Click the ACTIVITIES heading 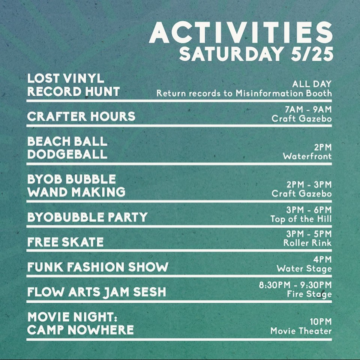coord(241,33)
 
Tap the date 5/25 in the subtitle coord(312,54)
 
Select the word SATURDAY coord(231,54)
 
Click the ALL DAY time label coord(312,84)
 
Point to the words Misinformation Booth coord(283,93)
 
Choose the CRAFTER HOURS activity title coord(81,116)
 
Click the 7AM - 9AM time coord(308,109)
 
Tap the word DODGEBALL coord(67,154)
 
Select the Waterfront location coord(307,156)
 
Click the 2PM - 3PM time coord(309,184)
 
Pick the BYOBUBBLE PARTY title coord(87,217)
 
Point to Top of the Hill coord(301,219)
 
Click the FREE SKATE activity coord(65,242)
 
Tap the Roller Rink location coord(307,243)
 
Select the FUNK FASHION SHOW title coord(98,267)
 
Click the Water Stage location coord(304,268)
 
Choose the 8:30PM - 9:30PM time coord(295,285)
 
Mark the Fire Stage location coord(309,294)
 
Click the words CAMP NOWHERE coord(80,330)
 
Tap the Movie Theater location coord(301,331)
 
